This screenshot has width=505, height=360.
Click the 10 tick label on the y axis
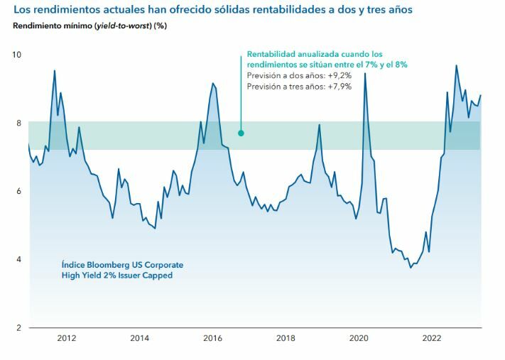(17, 55)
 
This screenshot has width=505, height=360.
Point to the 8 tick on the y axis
(19, 123)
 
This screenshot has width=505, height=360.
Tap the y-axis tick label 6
(19, 191)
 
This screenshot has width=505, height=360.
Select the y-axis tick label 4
(19, 259)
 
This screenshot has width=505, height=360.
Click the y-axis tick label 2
(19, 327)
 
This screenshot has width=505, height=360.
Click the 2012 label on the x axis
(67, 339)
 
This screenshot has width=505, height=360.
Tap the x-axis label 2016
(214, 339)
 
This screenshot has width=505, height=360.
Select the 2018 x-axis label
(286, 339)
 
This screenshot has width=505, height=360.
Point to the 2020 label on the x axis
(360, 339)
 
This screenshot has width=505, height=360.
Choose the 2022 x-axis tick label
(433, 339)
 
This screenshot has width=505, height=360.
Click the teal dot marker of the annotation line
(241, 133)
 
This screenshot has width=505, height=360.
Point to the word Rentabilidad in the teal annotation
(271, 54)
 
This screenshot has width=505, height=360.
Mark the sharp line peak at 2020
(365, 74)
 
